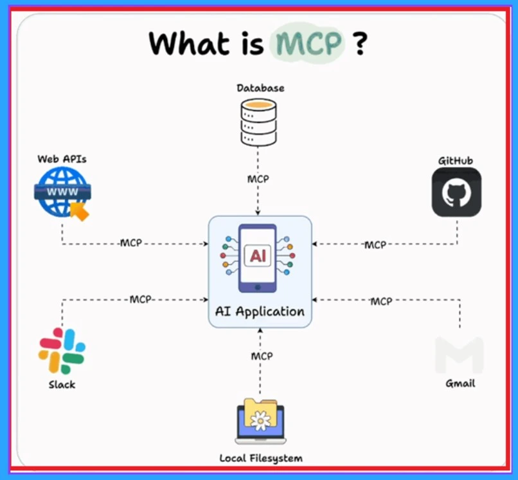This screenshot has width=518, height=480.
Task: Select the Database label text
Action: coord(260,88)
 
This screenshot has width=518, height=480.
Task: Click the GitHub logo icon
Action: coord(456,191)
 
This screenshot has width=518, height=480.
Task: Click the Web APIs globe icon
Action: coord(61,192)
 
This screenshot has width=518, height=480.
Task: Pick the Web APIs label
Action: coord(62,158)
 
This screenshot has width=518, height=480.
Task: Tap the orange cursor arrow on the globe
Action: coord(80,210)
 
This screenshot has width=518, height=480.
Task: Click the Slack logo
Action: coord(62,351)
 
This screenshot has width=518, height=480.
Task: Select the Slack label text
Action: coord(62,385)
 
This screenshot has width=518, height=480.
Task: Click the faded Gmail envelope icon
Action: coord(459,355)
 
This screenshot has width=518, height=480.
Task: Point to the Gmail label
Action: coord(460,383)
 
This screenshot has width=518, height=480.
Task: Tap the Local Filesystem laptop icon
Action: coord(260,421)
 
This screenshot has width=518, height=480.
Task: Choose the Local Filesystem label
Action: coord(260,458)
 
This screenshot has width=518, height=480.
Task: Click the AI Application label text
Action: coord(260,312)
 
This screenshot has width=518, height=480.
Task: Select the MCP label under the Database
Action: coord(258,178)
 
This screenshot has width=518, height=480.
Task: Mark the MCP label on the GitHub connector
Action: coord(375,245)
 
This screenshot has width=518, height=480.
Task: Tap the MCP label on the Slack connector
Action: coord(141,299)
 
